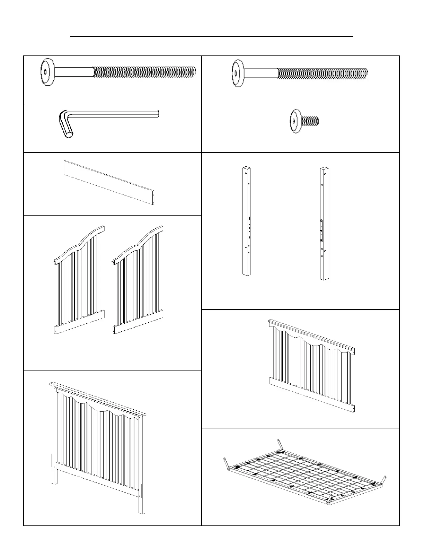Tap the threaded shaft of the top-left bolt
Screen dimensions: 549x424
pos(144,72)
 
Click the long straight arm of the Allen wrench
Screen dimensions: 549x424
pos(114,114)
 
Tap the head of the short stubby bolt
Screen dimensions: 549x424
pos(295,121)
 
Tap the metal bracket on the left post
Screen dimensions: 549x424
pos(249,227)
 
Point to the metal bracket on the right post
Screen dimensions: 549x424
pos(322,230)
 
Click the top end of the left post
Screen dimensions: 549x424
pos(246,170)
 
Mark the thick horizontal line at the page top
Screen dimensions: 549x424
pos(212,36)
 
